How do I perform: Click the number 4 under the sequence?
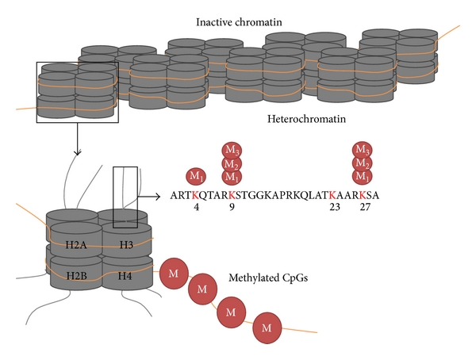click(x=194, y=209)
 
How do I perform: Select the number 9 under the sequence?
click(x=231, y=209)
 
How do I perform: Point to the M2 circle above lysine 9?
click(x=231, y=163)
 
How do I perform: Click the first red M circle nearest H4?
click(x=174, y=273)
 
